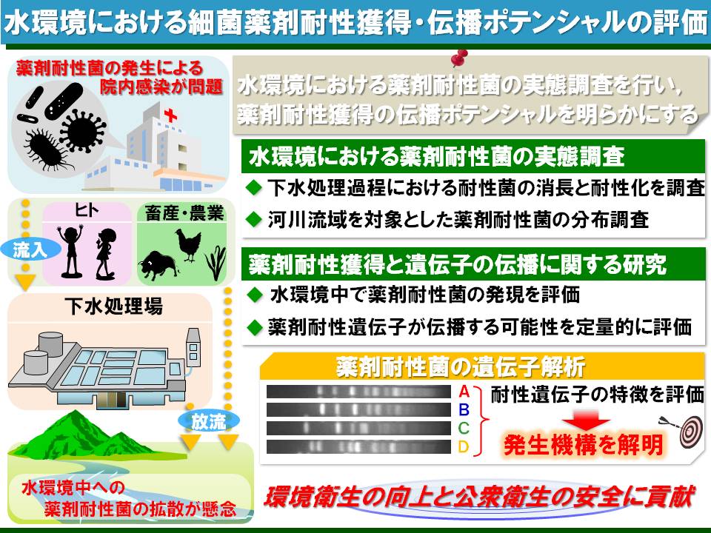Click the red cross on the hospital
pyautogui.click(x=170, y=115)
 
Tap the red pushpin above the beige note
pyautogui.click(x=460, y=58)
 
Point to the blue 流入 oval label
pyautogui.click(x=30, y=249)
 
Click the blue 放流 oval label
pyautogui.click(x=208, y=421)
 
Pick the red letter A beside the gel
pyautogui.click(x=464, y=391)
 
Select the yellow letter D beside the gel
pyautogui.click(x=463, y=447)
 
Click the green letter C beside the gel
pyautogui.click(x=464, y=428)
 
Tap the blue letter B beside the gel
pyautogui.click(x=464, y=409)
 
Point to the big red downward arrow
pyautogui.click(x=586, y=420)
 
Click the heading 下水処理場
pyautogui.click(x=113, y=306)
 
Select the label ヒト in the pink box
pyautogui.click(x=87, y=210)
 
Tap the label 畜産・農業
pyautogui.click(x=184, y=213)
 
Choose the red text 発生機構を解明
pyautogui.click(x=584, y=445)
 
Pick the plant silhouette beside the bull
pyautogui.click(x=216, y=264)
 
